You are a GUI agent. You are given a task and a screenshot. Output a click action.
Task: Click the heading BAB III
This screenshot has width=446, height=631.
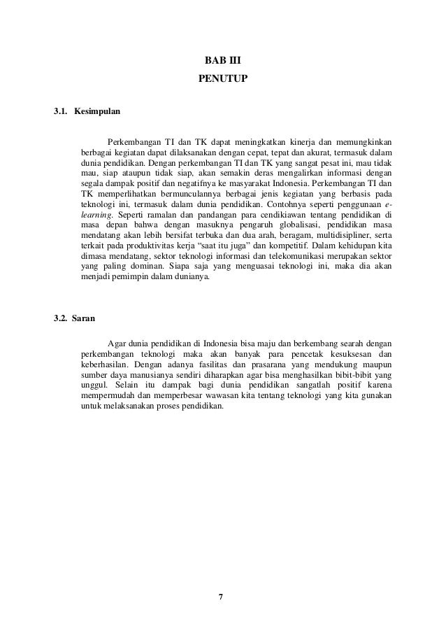[223, 70]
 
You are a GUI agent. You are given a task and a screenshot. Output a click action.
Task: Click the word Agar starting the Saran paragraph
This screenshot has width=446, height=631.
[117, 343]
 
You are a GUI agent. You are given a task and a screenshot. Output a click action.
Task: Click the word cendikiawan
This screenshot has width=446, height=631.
[297, 214]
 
